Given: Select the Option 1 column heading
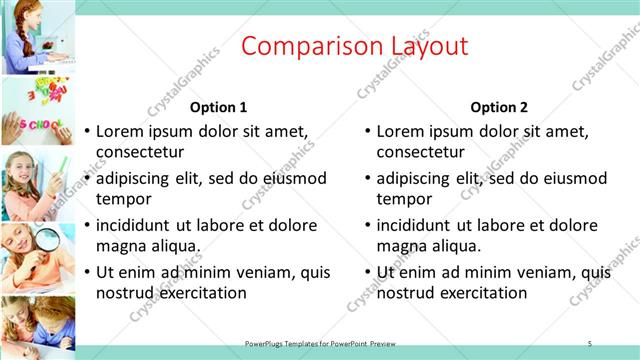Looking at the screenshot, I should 218,107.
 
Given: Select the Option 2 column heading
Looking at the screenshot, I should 499,107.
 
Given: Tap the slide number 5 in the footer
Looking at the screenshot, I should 590,343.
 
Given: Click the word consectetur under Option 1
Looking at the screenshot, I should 140,152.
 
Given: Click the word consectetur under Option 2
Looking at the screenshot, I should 420,152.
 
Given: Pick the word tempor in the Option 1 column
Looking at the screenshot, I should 123,198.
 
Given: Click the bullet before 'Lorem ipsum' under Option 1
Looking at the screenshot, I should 87,131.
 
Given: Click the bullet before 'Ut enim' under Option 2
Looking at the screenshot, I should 368,272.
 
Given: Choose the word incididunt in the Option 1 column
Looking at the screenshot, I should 136,226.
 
